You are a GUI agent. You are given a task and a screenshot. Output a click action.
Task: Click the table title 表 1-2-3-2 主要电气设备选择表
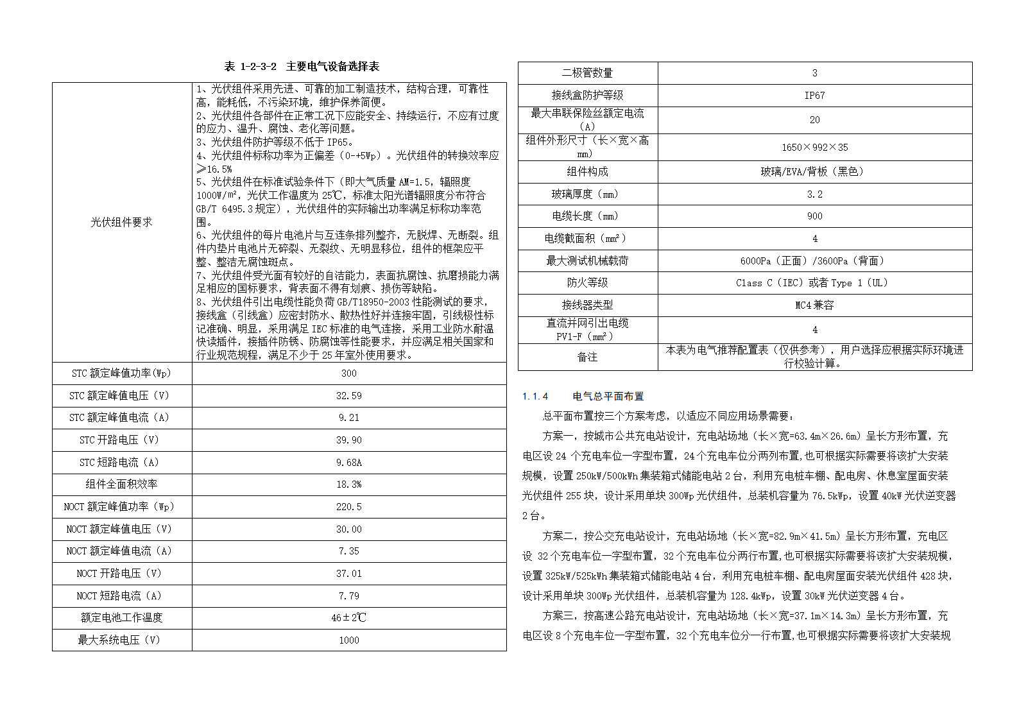point(302,66)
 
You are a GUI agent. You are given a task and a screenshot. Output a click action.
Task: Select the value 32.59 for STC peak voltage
point(349,396)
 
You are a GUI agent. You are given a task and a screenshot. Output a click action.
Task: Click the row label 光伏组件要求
point(121,222)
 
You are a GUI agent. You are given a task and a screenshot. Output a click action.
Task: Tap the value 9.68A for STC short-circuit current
point(349,463)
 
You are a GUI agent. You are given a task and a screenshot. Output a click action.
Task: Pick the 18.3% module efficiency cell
point(349,484)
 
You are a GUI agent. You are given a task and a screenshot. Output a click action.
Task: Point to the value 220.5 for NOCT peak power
point(349,507)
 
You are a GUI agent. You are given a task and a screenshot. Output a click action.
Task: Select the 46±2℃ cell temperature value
point(349,618)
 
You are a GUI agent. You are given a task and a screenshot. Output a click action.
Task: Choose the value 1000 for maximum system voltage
point(349,640)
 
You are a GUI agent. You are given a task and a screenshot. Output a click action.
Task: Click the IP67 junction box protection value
point(815,96)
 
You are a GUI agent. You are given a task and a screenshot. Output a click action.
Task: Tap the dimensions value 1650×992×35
point(815,148)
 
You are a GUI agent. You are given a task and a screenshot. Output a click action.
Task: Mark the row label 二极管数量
point(587,73)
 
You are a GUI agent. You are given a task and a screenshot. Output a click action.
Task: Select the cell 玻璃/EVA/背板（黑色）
point(815,172)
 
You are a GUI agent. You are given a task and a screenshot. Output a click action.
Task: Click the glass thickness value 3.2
point(815,194)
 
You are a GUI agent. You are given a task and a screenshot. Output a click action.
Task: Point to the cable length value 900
point(815,216)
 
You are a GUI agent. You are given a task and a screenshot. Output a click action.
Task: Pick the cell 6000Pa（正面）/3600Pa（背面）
point(815,261)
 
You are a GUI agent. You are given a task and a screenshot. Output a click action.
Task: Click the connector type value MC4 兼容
point(815,305)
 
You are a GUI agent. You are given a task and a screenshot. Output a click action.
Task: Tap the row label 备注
point(587,357)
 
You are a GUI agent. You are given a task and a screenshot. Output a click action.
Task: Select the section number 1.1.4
point(535,397)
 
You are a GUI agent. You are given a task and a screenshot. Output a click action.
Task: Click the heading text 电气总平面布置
point(608,397)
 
